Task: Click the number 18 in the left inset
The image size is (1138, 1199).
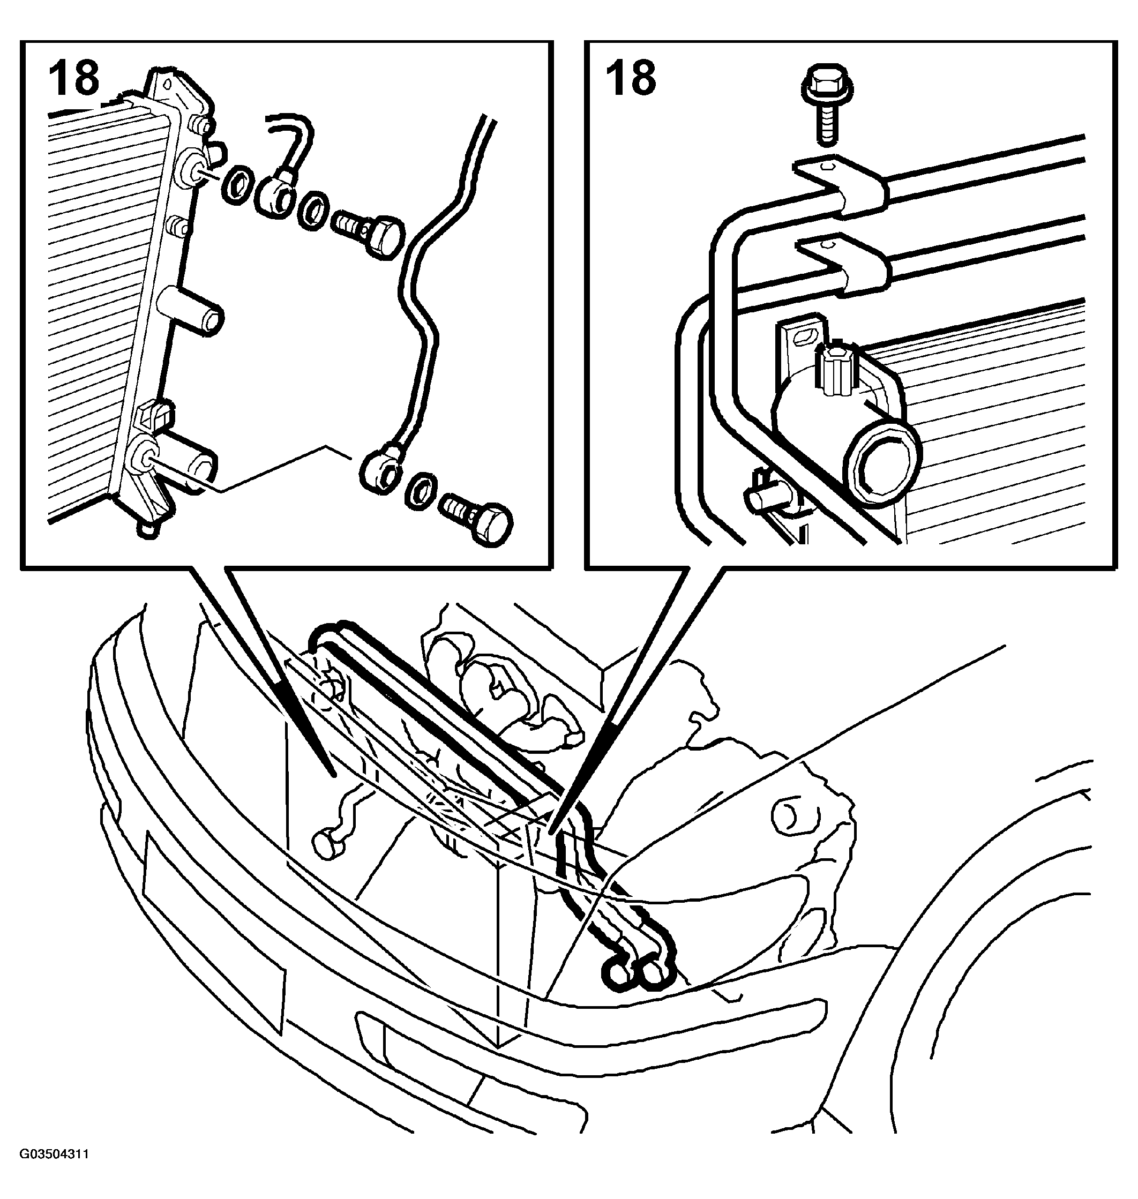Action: click(x=74, y=78)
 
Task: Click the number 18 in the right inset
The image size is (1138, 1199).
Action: click(x=631, y=78)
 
